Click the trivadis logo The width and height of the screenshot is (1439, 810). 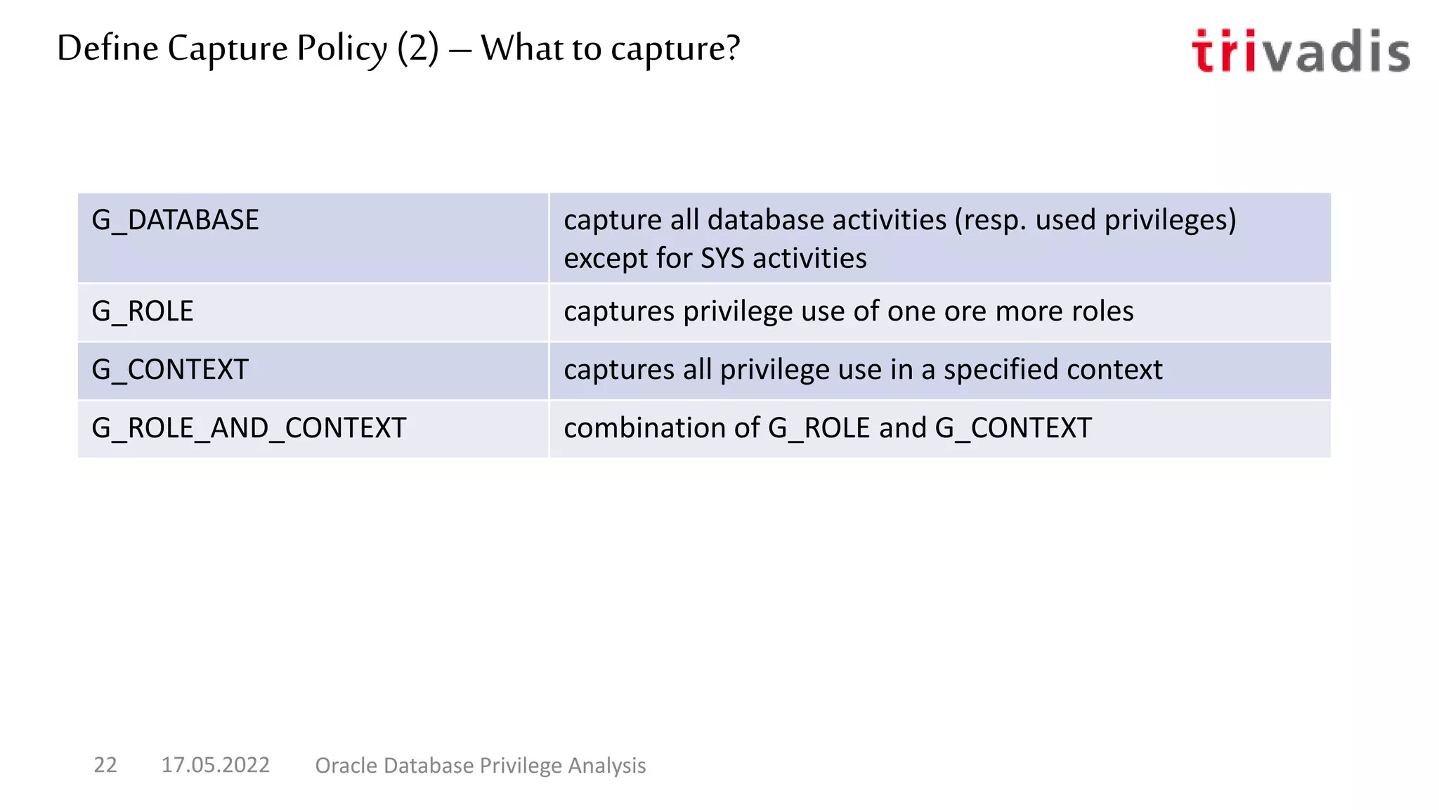coord(1301,51)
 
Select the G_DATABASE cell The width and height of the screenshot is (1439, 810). coord(176,220)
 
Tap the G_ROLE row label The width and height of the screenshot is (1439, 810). coord(143,311)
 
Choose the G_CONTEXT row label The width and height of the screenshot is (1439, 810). coord(170,370)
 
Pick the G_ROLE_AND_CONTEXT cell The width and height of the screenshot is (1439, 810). coord(249,428)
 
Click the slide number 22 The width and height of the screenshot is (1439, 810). coord(105,764)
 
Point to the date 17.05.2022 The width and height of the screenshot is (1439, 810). coord(215,764)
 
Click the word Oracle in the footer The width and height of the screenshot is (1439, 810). coord(346,765)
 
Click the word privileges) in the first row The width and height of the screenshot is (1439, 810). coord(1170,220)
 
